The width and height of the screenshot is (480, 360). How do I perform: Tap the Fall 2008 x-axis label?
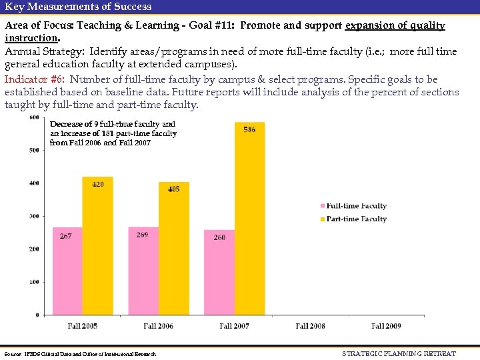pyautogui.click(x=311, y=326)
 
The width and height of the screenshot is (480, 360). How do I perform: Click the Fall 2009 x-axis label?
pyautogui.click(x=387, y=326)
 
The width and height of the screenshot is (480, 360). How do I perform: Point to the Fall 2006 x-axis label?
pyautogui.click(x=159, y=326)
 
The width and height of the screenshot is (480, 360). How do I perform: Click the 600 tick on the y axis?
pyautogui.click(x=33, y=118)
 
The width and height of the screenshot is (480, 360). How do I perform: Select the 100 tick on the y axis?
pyautogui.click(x=33, y=282)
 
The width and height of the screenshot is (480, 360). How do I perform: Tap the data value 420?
pyautogui.click(x=98, y=184)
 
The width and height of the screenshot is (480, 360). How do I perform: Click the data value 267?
pyautogui.click(x=66, y=236)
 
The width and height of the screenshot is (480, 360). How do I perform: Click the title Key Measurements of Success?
pyautogui.click(x=78, y=7)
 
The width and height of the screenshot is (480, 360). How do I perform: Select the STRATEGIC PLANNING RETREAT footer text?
pyautogui.click(x=399, y=353)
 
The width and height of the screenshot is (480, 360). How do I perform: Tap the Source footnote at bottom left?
pyautogui.click(x=80, y=353)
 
